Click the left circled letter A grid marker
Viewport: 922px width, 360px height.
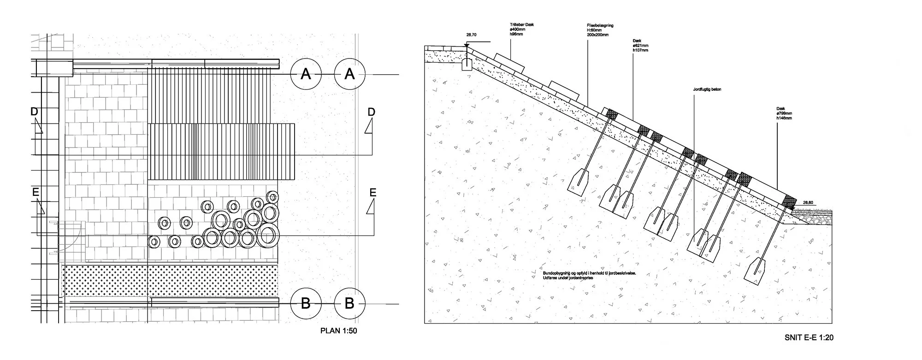point(306,74)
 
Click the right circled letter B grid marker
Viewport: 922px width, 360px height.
point(349,303)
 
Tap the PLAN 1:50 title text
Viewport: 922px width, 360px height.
point(338,331)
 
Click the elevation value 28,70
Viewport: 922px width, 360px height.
point(471,35)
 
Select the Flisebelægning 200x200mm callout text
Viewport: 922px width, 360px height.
point(600,30)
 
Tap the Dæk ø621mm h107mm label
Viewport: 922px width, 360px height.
point(641,46)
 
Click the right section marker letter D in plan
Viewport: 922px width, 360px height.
point(372,112)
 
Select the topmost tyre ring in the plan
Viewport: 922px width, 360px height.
point(273,197)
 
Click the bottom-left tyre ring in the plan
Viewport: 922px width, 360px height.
point(154,241)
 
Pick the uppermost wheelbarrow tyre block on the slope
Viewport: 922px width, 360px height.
point(509,63)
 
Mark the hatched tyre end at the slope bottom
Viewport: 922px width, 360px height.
point(789,201)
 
